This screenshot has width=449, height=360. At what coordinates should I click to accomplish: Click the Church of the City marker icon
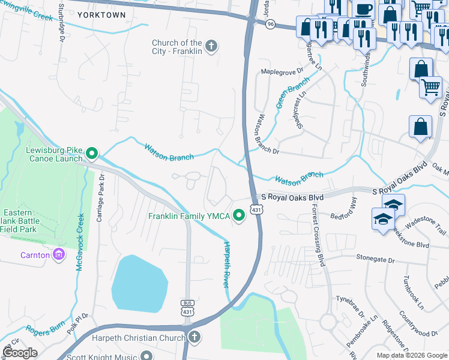point(211,46)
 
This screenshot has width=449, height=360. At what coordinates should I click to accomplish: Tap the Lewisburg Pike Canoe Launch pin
point(92,155)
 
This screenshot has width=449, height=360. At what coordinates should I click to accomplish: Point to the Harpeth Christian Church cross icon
point(193,337)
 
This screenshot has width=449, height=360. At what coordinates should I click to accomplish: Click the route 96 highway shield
point(271,24)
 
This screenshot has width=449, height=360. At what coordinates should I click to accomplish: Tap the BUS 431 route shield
point(187,307)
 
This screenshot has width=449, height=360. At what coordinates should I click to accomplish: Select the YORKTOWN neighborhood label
point(101,15)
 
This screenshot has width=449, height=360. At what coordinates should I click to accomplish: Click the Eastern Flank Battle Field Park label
point(21,221)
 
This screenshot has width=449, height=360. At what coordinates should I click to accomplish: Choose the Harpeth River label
point(228,264)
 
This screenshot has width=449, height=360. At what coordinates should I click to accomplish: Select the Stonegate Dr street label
point(375,260)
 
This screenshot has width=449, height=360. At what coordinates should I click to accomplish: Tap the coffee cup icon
point(363,10)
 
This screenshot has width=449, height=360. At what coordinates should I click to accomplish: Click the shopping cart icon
point(430,88)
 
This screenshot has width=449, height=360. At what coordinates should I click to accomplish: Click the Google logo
point(20,353)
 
